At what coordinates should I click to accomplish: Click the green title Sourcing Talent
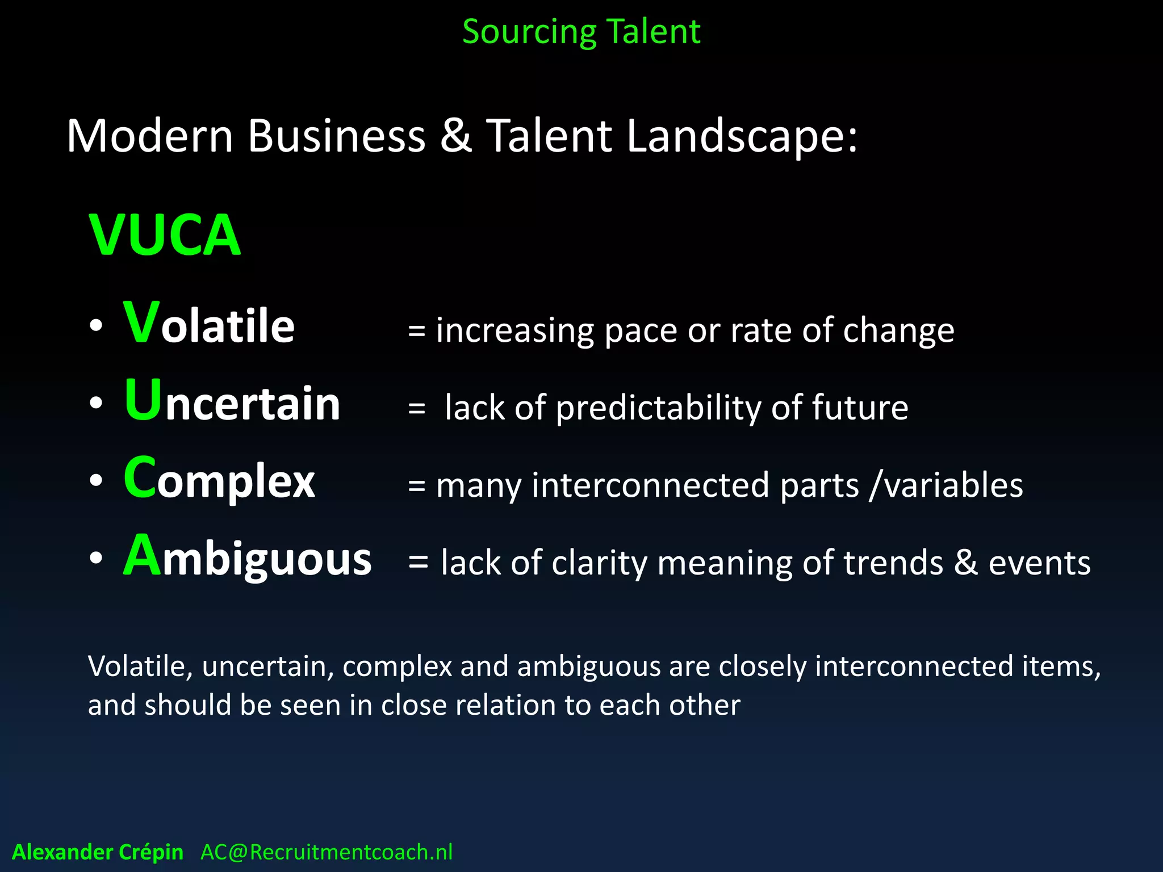pyautogui.click(x=581, y=32)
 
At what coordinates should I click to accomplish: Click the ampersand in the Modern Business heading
pyautogui.click(x=455, y=136)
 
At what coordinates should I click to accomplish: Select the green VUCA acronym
pyautogui.click(x=165, y=236)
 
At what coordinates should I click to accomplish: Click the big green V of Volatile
pyautogui.click(x=141, y=322)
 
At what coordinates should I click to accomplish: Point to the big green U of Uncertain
pyautogui.click(x=143, y=400)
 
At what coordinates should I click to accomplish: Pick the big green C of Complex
pyautogui.click(x=140, y=478)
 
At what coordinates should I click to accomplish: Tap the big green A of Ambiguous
pyautogui.click(x=142, y=556)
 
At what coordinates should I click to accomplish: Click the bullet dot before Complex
pyautogui.click(x=96, y=480)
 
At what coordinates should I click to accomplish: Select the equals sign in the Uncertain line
pyautogui.click(x=417, y=408)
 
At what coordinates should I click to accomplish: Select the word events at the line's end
pyautogui.click(x=1039, y=563)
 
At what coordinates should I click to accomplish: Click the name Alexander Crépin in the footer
pyautogui.click(x=98, y=852)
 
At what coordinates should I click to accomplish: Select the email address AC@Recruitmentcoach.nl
pyautogui.click(x=327, y=852)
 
